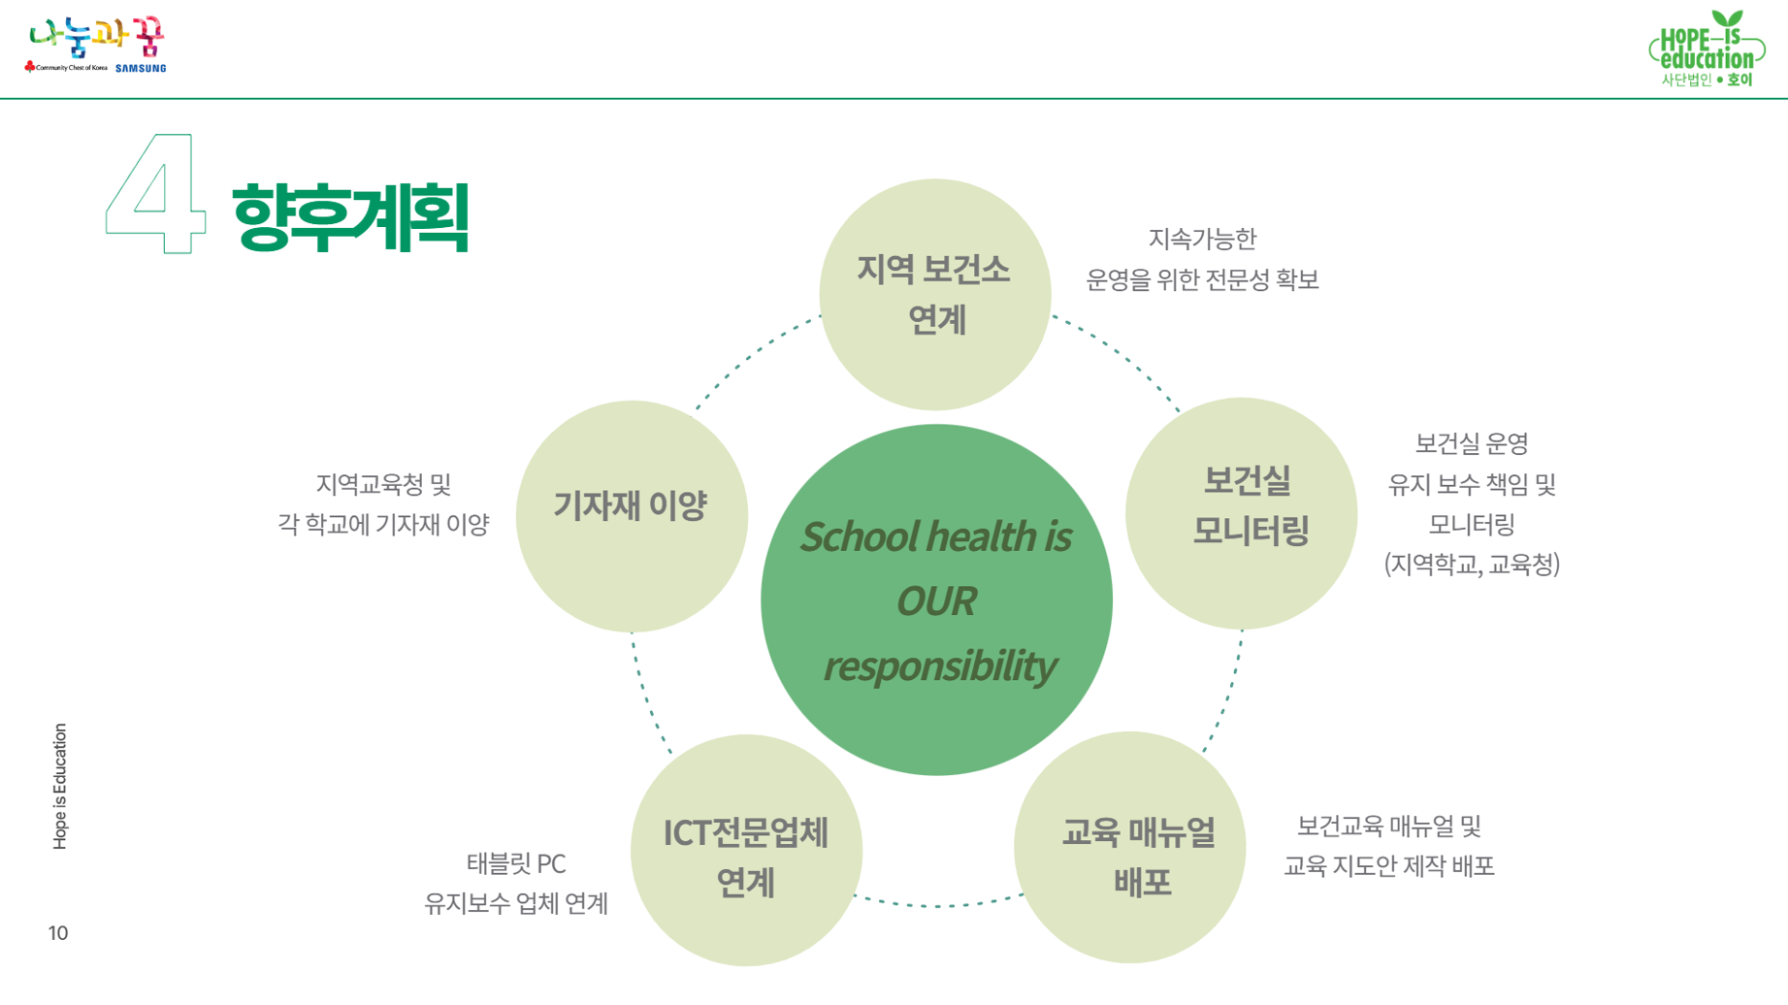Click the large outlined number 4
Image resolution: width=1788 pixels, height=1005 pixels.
pos(155,194)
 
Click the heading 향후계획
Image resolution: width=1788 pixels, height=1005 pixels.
pos(350,217)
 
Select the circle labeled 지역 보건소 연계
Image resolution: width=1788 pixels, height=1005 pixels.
pos(934,294)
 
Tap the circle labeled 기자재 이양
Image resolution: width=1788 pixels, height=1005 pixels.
pos(631,516)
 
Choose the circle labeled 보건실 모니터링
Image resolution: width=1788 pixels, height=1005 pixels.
pos(1241,513)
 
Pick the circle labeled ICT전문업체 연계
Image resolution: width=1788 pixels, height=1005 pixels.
pos(746,850)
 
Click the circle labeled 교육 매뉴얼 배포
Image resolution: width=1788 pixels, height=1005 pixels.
pos(1129,847)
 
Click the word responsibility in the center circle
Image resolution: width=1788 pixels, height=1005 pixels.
pos(939,666)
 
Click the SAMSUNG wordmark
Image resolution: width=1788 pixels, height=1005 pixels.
pos(141,68)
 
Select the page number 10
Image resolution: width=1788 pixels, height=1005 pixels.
pos(58,933)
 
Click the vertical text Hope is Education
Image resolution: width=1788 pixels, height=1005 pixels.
pos(60,787)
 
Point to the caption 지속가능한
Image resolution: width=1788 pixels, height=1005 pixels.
pos(1202,239)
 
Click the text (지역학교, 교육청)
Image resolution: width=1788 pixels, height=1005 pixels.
pos(1472,565)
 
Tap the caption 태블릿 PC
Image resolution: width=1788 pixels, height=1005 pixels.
pos(516,863)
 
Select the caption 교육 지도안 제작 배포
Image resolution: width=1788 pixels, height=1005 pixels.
pos(1388,866)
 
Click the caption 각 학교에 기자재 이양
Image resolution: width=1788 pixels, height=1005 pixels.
pos(383,525)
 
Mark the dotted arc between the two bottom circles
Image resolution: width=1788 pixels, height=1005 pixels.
pos(937,904)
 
